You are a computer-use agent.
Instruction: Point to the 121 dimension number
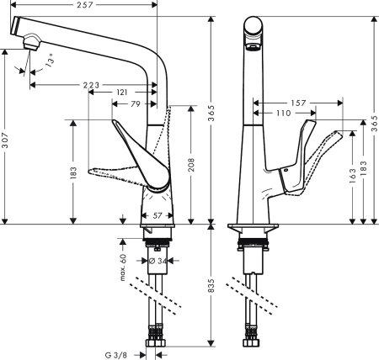coord(123,92)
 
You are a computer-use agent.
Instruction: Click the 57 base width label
coord(156,215)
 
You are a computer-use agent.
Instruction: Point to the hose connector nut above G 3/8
coord(157,344)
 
